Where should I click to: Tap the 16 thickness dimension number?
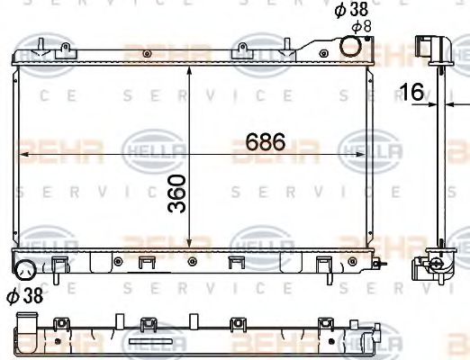pyautogui.click(x=412, y=90)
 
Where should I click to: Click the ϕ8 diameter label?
pyautogui.click(x=361, y=27)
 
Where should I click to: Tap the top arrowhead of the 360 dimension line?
pyautogui.click(x=189, y=68)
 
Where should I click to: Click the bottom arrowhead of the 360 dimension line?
pyautogui.click(x=189, y=245)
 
